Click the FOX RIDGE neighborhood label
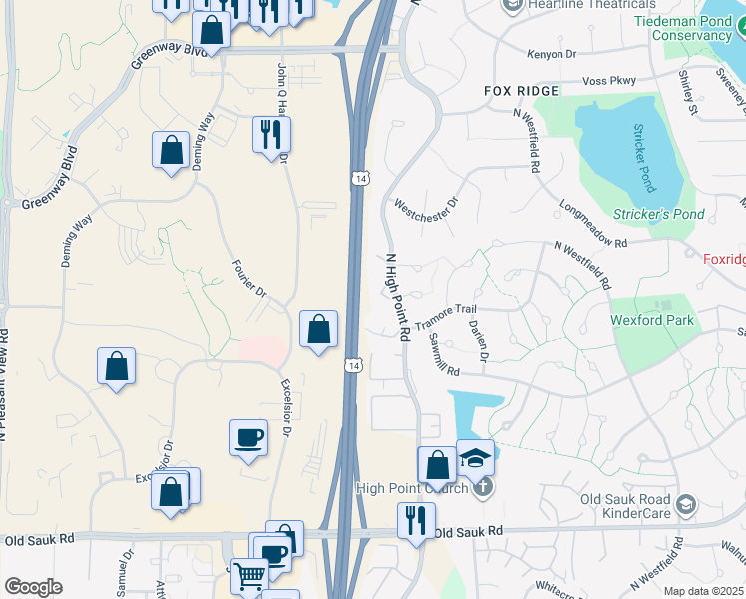521,91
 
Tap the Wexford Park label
652,321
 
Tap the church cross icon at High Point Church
483,488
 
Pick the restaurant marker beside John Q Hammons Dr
271,133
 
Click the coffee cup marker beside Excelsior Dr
248,436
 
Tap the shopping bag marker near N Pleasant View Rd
117,365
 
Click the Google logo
33,587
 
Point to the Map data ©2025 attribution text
704,591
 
